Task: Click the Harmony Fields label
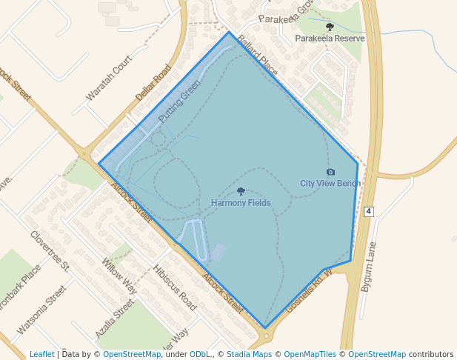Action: click(x=241, y=203)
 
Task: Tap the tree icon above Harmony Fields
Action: click(x=241, y=192)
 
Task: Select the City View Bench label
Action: click(x=330, y=183)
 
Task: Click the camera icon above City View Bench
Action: click(x=330, y=172)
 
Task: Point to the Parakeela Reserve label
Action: click(x=330, y=38)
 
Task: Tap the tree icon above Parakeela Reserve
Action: click(x=330, y=27)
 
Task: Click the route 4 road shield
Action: click(x=368, y=212)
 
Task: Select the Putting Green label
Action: click(x=179, y=101)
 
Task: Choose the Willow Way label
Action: click(x=119, y=276)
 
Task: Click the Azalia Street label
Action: click(x=115, y=319)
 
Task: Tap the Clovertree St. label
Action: click(x=50, y=250)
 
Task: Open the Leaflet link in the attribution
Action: click(x=41, y=354)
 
